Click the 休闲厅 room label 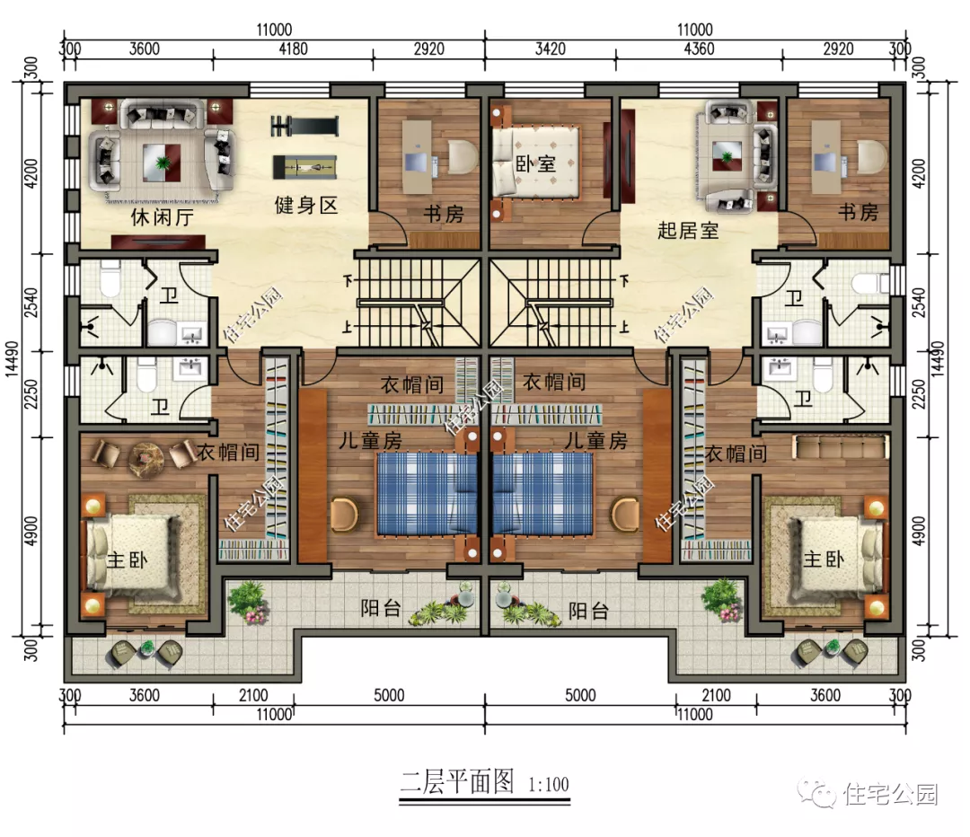163,217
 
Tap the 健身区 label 305,206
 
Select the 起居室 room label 688,230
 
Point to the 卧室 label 534,164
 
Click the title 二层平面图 456,781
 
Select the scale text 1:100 544,784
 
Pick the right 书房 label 858,214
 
